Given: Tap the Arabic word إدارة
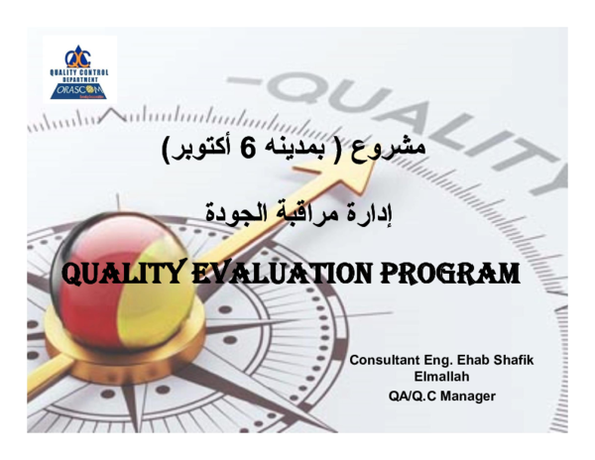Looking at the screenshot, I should point(387,210).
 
